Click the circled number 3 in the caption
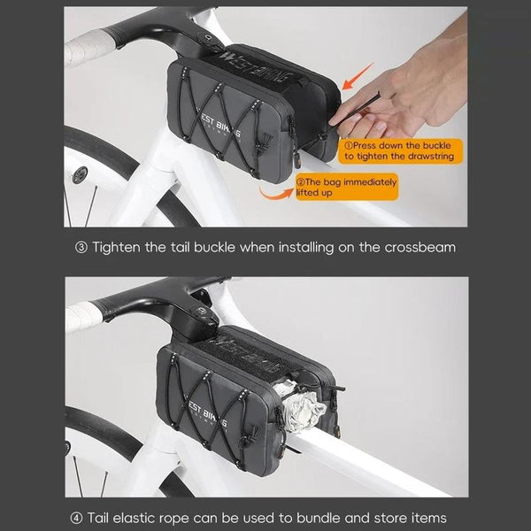[x=81, y=248]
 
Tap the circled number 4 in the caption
[x=76, y=518]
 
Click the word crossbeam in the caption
[x=419, y=248]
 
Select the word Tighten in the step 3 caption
[x=116, y=248]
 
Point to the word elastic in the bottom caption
[x=139, y=518]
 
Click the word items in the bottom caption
[x=428, y=518]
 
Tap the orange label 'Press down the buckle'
[x=400, y=151]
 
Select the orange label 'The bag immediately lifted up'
[x=346, y=187]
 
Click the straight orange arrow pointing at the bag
[x=358, y=76]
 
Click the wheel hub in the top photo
[x=80, y=174]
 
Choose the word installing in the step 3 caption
[x=306, y=248]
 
